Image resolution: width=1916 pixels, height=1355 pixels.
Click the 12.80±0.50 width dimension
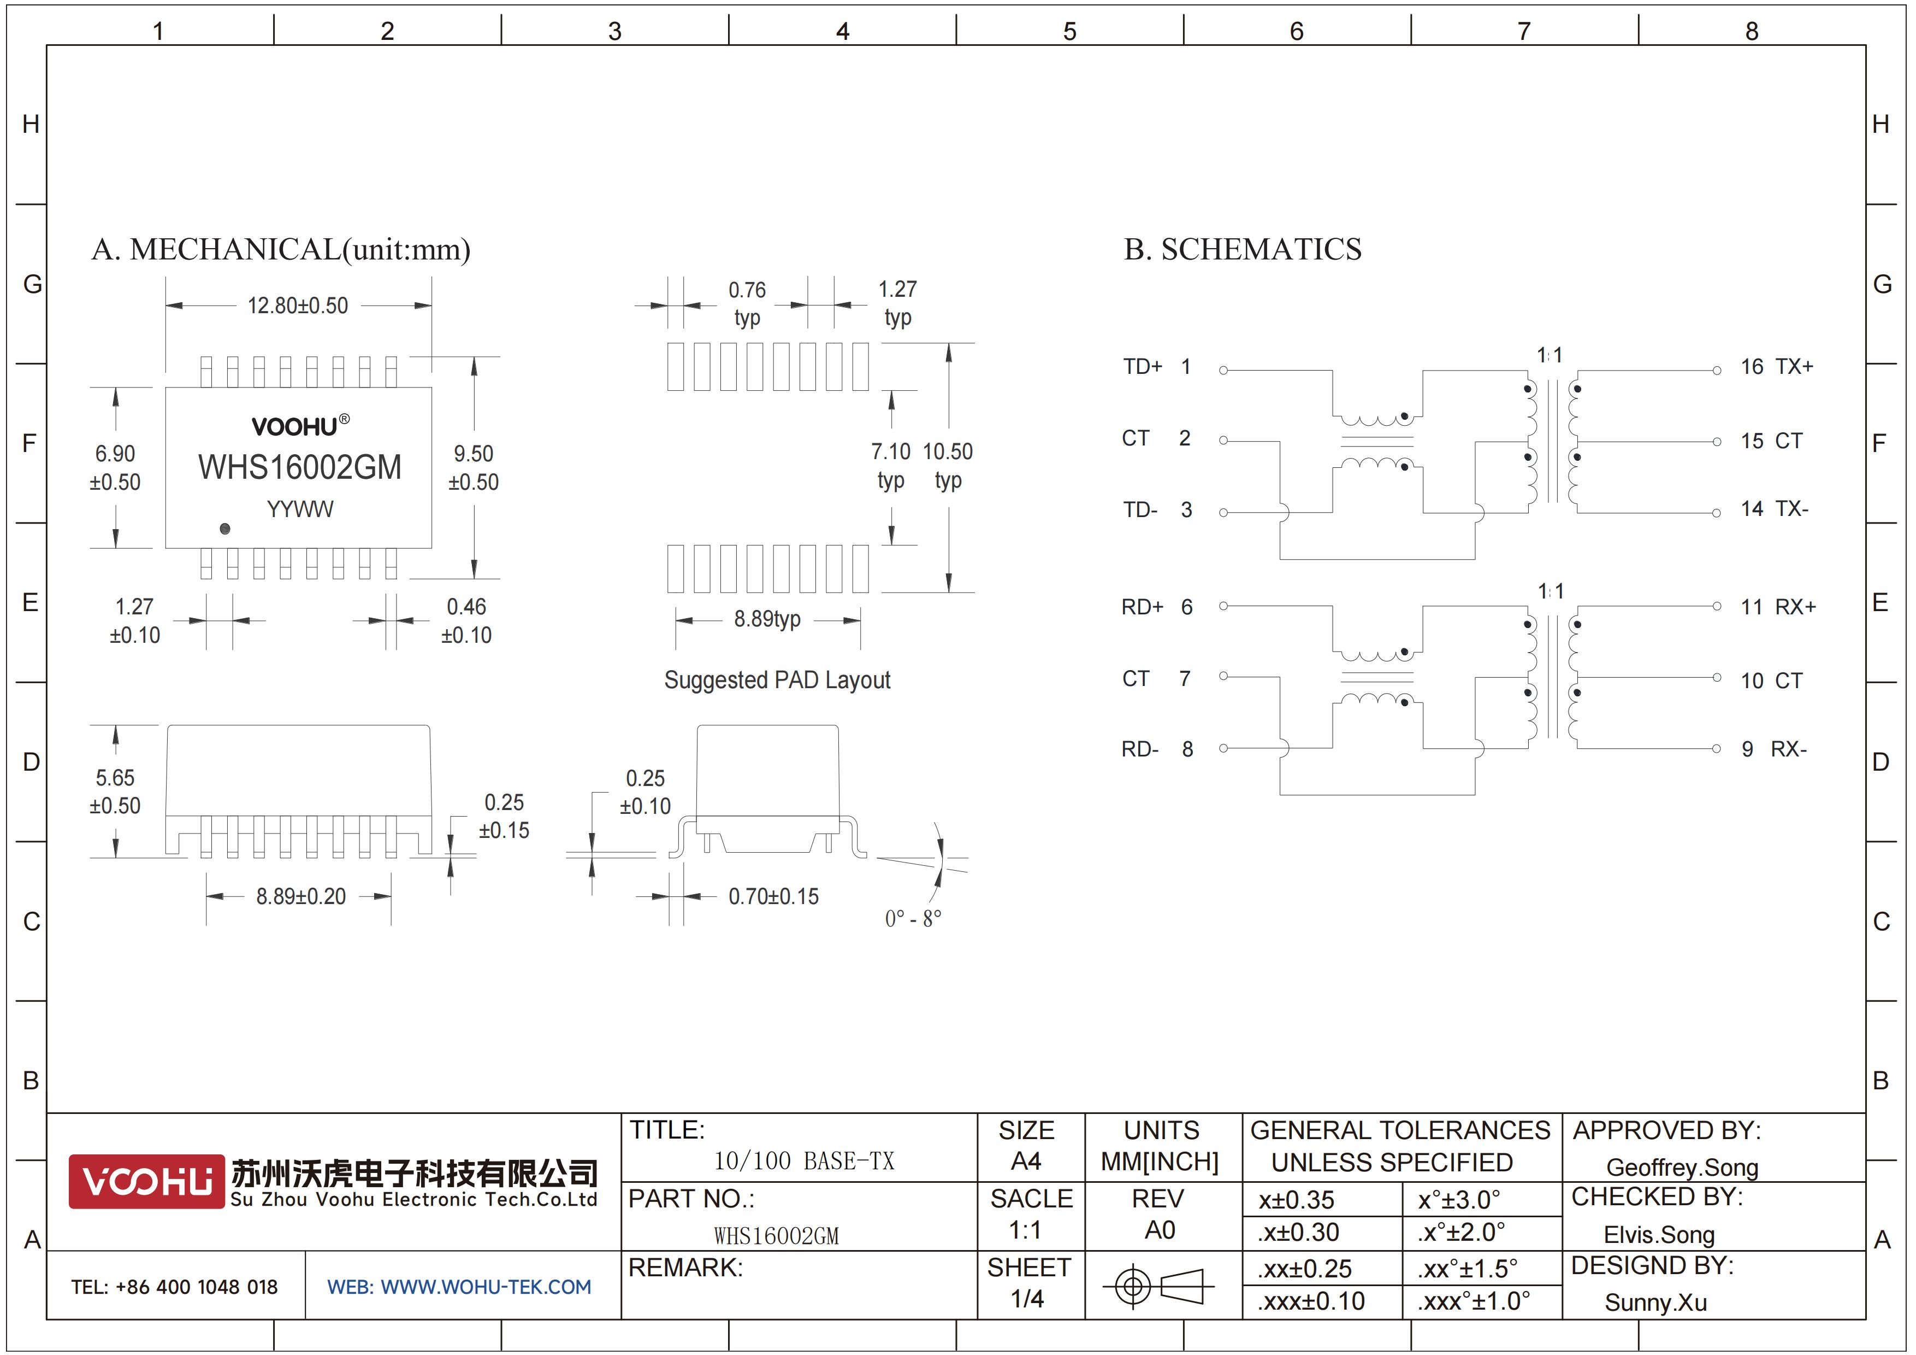coord(297,306)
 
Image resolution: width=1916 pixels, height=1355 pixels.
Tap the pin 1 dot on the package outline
coord(224,529)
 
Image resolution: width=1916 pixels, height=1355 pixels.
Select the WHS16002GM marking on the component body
coord(300,467)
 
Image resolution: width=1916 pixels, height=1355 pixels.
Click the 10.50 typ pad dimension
coord(948,465)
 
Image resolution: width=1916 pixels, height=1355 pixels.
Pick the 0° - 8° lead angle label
coord(913,918)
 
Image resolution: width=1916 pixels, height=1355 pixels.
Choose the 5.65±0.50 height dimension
coord(115,791)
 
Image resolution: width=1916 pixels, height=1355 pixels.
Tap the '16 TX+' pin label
coord(1776,367)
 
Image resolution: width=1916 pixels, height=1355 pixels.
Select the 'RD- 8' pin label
coord(1157,749)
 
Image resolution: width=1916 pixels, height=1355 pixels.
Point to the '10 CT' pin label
coord(1771,681)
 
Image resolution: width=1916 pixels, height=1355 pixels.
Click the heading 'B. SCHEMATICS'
coord(1243,249)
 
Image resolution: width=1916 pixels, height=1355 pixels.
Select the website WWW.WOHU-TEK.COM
coord(459,1287)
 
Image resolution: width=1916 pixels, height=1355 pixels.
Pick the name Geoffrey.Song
coord(1682,1167)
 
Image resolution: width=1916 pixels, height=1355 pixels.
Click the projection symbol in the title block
coord(1158,1286)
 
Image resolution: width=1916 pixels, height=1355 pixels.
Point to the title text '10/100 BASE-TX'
coord(803,1160)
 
